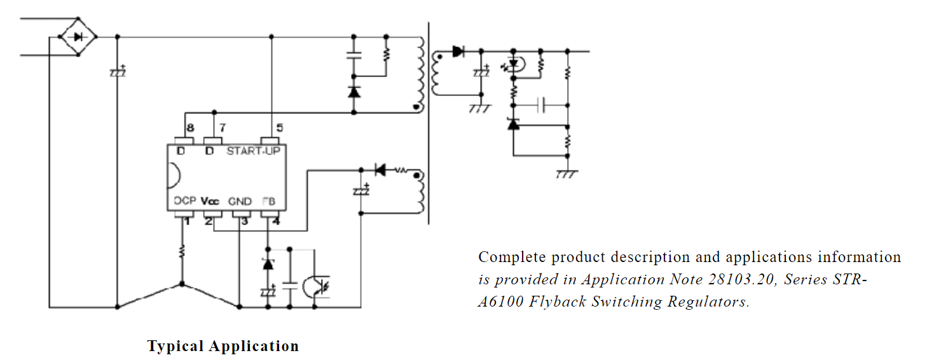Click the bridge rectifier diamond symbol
[x=78, y=37]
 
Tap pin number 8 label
[x=190, y=128]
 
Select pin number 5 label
[x=279, y=128]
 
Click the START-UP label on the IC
[x=253, y=151]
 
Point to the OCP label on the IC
[x=185, y=200]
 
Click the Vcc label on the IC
[x=210, y=201]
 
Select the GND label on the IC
[x=240, y=202]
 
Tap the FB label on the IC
[x=269, y=202]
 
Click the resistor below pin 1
[x=182, y=251]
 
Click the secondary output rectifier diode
[x=458, y=52]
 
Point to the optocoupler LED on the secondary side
[x=514, y=64]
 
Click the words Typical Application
[x=223, y=346]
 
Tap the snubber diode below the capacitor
[x=354, y=92]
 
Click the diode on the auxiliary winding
[x=380, y=170]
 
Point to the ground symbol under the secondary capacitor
[x=480, y=109]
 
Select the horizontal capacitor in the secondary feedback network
[x=541, y=105]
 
